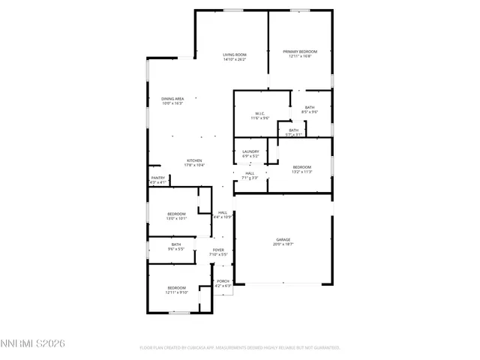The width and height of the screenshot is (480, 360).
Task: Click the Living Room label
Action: click(x=235, y=55)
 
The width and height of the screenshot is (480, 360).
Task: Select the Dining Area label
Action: click(x=172, y=99)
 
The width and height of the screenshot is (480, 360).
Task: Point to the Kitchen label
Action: click(x=195, y=160)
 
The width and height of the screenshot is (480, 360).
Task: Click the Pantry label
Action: click(x=157, y=178)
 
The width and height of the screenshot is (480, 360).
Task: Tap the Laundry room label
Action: click(x=250, y=151)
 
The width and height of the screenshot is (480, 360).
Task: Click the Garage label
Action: click(x=283, y=239)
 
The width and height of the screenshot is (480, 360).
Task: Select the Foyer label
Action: click(x=218, y=250)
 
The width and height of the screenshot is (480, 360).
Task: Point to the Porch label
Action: click(x=223, y=280)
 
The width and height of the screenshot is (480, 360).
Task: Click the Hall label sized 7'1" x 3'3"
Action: click(x=250, y=173)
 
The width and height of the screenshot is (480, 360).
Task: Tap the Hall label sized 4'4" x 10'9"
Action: click(x=223, y=212)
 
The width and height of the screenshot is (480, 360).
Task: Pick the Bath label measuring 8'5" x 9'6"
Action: click(x=310, y=107)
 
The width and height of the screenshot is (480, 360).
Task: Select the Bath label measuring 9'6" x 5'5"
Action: click(x=175, y=244)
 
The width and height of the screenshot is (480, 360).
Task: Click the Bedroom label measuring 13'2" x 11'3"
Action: click(x=301, y=166)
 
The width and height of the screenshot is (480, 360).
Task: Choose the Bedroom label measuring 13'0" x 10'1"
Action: click(x=176, y=214)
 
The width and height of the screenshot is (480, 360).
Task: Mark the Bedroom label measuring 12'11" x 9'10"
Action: click(x=176, y=288)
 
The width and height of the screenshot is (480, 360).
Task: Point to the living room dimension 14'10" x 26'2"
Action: click(x=235, y=60)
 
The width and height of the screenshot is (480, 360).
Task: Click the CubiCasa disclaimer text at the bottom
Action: click(x=240, y=347)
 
